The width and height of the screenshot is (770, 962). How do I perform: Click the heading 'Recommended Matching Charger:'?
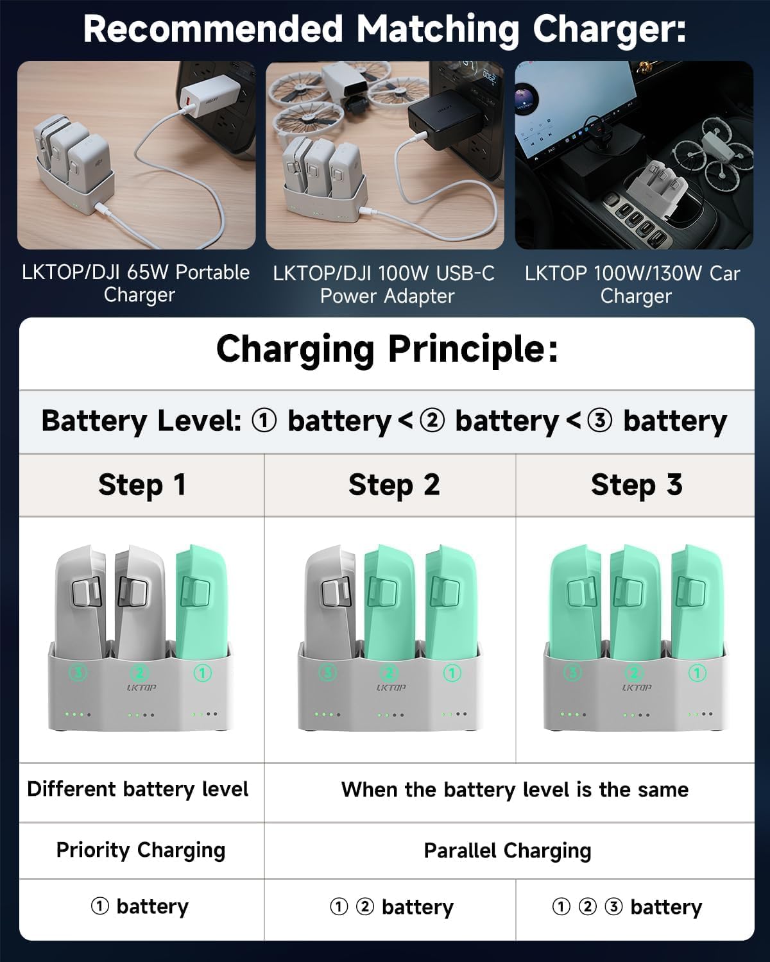[x=384, y=30]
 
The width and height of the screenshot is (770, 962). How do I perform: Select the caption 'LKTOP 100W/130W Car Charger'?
[x=633, y=284]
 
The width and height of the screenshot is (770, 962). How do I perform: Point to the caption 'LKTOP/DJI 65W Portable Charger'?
[x=136, y=283]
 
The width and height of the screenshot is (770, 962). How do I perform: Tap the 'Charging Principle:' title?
[x=386, y=350]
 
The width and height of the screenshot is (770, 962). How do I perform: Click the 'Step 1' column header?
[x=142, y=485]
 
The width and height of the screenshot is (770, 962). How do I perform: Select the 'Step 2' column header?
[x=393, y=485]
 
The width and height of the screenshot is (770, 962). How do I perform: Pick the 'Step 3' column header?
[x=636, y=485]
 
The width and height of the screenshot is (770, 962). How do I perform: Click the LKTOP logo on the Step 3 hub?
[x=636, y=688]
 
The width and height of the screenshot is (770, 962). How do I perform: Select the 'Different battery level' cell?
[x=138, y=789]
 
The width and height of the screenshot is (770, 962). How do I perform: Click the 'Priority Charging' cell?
[x=141, y=850]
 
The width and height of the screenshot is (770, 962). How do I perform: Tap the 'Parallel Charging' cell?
[x=508, y=850]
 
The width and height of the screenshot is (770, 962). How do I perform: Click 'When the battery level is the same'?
[x=515, y=789]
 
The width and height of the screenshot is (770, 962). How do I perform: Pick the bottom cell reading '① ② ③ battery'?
[x=627, y=907]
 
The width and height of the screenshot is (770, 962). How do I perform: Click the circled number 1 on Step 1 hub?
[x=203, y=673]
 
